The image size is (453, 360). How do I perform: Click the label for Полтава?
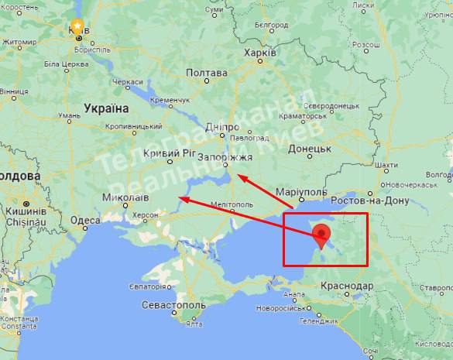pyautogui.click(x=207, y=74)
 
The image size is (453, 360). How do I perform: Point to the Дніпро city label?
pyautogui.click(x=223, y=126)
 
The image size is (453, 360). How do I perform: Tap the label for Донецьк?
pyautogui.click(x=310, y=147)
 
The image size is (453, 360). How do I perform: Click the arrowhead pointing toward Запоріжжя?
pyautogui.click(x=240, y=177)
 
